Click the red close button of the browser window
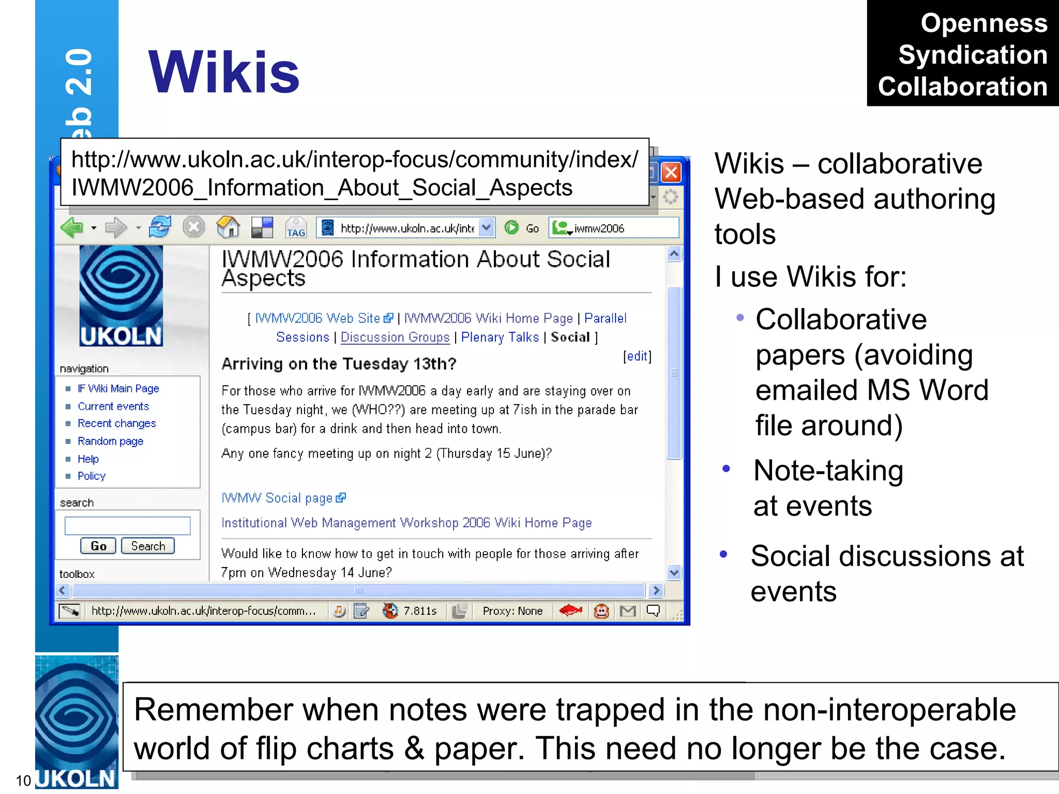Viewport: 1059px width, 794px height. point(671,172)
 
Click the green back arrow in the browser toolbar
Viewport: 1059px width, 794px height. point(72,227)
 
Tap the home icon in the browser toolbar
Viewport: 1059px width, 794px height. point(228,227)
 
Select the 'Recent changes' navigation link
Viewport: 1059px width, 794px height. point(116,423)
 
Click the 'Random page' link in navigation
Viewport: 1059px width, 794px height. point(110,441)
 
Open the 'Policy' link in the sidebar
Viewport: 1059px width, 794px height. point(92,476)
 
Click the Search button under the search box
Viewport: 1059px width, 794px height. point(148,546)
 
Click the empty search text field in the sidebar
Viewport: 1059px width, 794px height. point(127,525)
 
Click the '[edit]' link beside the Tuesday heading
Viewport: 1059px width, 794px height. point(637,356)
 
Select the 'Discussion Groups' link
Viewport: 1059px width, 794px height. point(395,337)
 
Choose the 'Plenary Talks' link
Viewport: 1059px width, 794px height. point(500,337)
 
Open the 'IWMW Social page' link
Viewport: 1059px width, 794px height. point(277,498)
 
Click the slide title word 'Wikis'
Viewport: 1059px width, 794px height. point(224,72)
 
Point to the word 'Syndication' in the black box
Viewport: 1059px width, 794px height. point(973,55)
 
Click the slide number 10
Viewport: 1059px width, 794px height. point(23,781)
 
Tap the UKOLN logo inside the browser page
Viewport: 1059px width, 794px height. point(121,296)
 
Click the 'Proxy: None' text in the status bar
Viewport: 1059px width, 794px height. point(512,611)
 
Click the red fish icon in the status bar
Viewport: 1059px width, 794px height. point(571,611)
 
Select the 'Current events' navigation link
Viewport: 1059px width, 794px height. point(113,406)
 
